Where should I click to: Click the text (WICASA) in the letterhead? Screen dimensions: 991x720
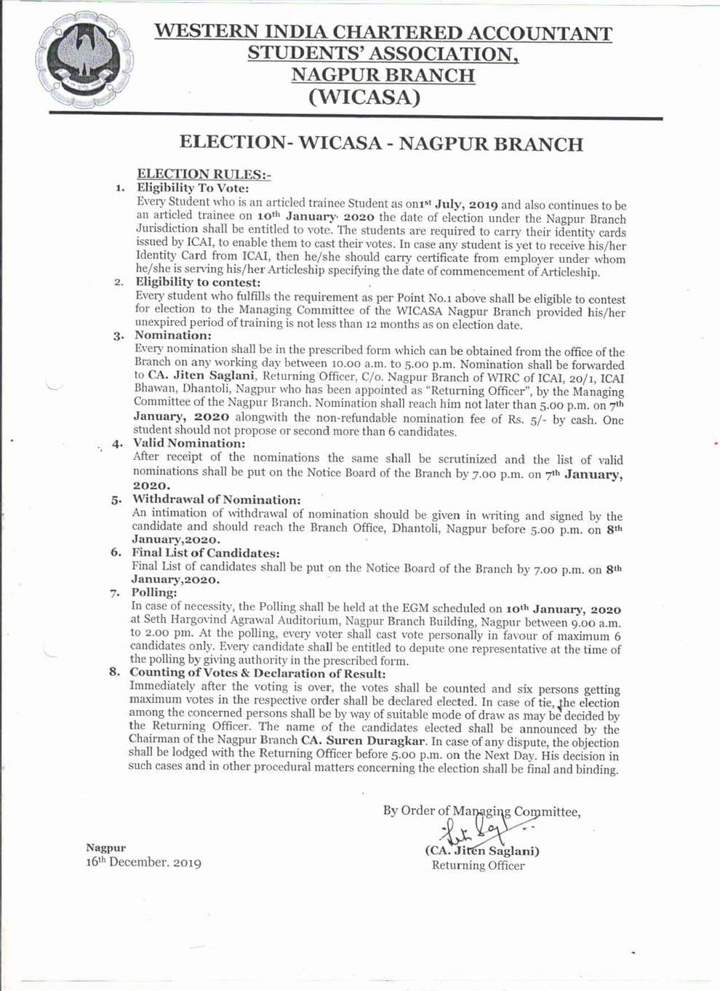click(x=364, y=97)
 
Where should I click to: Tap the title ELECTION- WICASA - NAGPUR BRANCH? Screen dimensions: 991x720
click(x=380, y=143)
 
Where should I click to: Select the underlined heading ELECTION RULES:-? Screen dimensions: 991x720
click(x=204, y=174)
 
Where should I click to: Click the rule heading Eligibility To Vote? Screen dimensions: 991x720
click(x=193, y=188)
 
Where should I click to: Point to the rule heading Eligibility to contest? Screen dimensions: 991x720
click(x=198, y=282)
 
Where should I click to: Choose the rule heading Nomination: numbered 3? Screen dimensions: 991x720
click(x=173, y=335)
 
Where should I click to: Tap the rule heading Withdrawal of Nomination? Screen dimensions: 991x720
click(x=216, y=499)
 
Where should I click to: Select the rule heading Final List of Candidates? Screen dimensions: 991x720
click(x=205, y=553)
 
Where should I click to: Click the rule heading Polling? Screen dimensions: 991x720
click(x=153, y=592)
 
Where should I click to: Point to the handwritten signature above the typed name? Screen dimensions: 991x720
click(x=481, y=829)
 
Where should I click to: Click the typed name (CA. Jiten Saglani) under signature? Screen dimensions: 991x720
click(x=482, y=851)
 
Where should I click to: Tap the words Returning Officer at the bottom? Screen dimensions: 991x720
click(x=478, y=865)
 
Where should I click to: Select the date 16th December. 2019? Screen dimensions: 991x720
click(x=143, y=862)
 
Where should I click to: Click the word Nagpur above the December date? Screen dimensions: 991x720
click(x=105, y=848)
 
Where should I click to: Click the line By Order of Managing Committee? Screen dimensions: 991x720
click(x=481, y=811)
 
